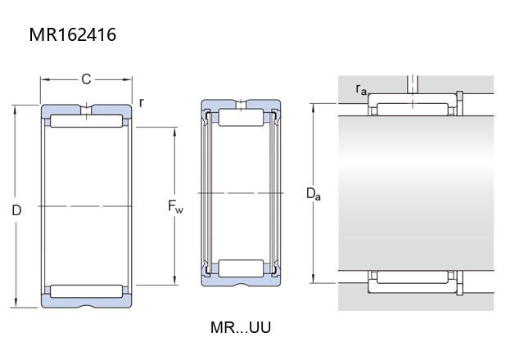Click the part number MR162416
[x=73, y=34]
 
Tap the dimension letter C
[x=86, y=79]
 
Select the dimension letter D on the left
[x=16, y=210]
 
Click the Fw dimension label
[x=175, y=206]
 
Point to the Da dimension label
[x=314, y=194]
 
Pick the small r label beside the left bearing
[x=142, y=102]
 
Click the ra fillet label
[x=361, y=89]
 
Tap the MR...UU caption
[x=241, y=327]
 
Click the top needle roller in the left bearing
[x=87, y=121]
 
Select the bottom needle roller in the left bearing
[x=87, y=291]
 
